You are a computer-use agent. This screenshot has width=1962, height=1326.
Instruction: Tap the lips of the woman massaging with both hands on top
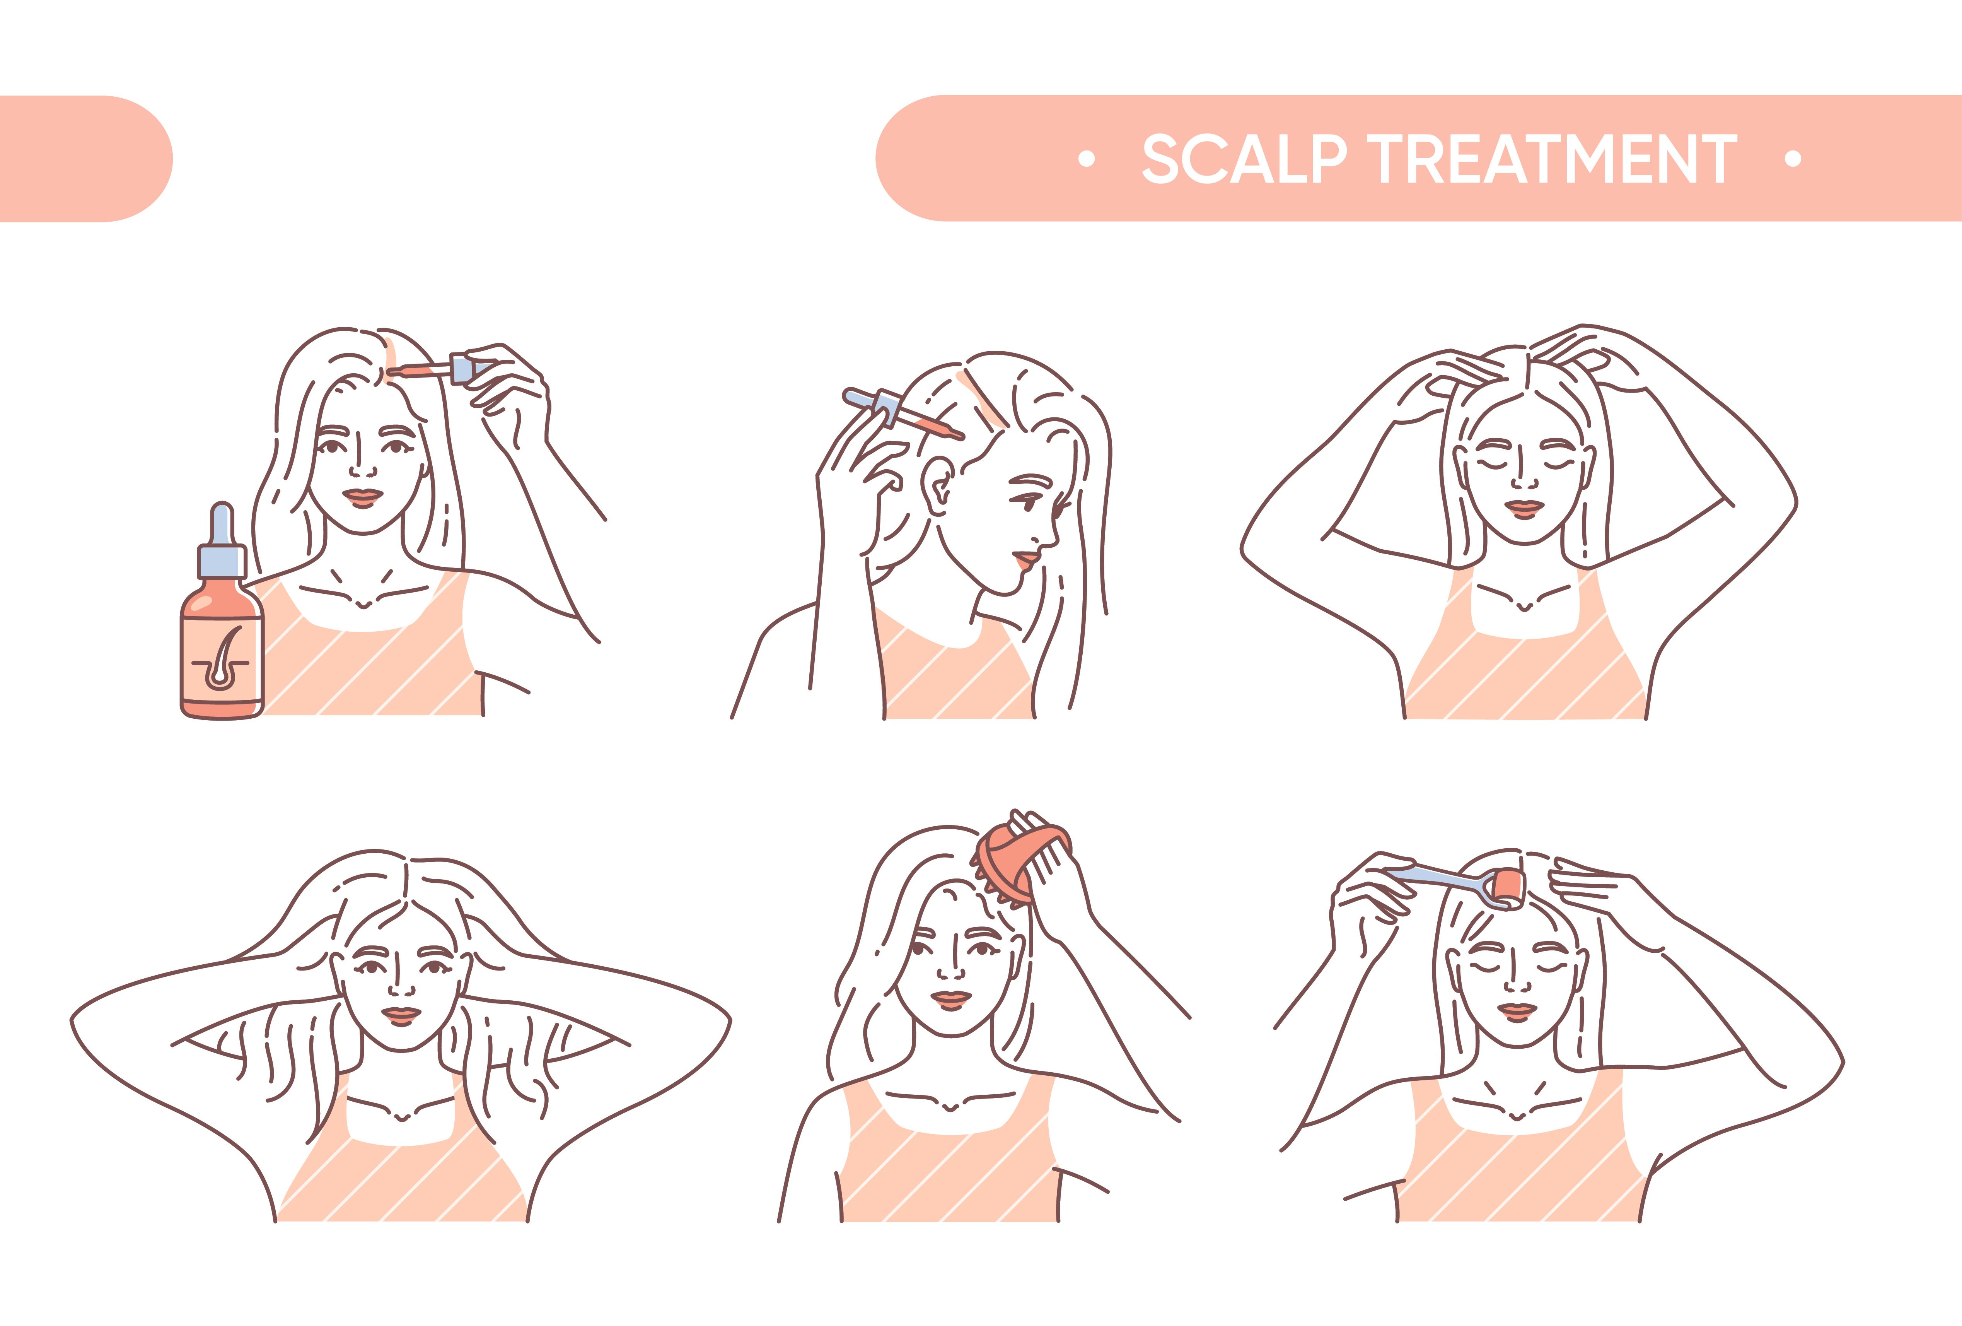1524,508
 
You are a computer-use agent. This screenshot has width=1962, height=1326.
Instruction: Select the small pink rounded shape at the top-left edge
84,159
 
